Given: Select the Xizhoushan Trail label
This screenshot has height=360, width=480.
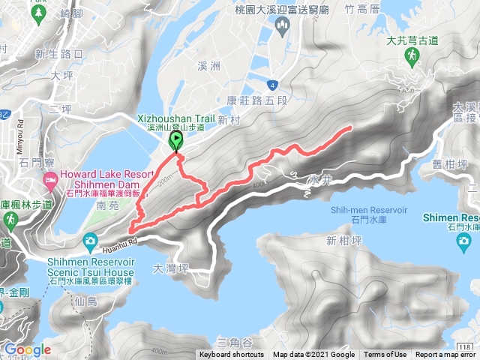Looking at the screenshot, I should point(176,118).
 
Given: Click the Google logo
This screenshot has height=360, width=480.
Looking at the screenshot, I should point(27,349).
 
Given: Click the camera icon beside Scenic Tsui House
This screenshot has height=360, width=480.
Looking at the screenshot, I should point(91,240).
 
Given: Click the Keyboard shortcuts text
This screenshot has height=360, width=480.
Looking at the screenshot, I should point(231,355).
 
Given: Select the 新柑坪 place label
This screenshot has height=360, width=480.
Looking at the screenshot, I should point(343,241).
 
